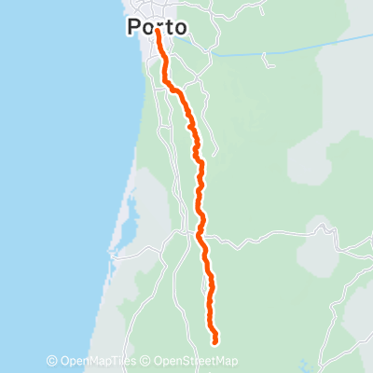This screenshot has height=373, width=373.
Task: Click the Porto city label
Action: pos(156,28)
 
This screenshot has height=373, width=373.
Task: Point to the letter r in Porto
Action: pos(158,29)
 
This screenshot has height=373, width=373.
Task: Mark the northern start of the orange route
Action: pos(158,31)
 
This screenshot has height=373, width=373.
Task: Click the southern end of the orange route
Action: pos(216,341)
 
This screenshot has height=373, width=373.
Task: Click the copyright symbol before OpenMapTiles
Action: pos(52,362)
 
